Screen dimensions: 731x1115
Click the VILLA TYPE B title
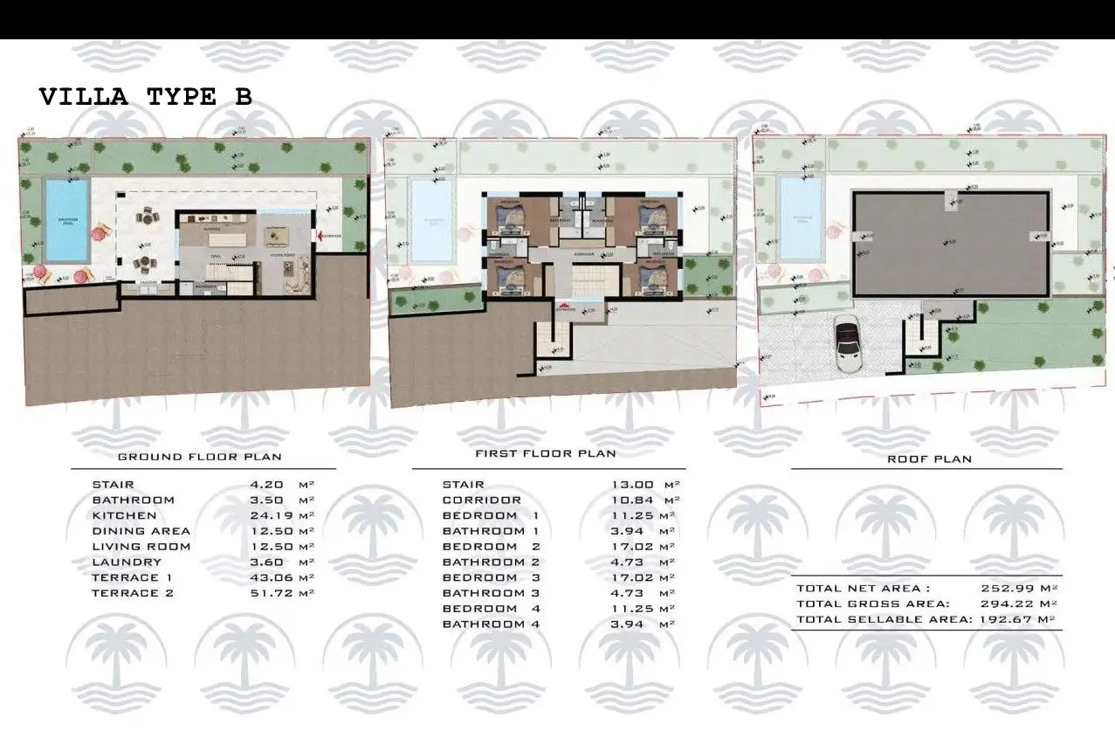pyautogui.click(x=146, y=97)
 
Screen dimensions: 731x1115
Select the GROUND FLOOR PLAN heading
pyautogui.click(x=199, y=457)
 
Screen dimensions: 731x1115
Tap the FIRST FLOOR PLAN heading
pyautogui.click(x=546, y=453)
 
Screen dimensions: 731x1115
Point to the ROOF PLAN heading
pyautogui.click(x=929, y=459)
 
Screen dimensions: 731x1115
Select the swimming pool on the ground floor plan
pyautogui.click(x=67, y=220)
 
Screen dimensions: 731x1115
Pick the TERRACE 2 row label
pyautogui.click(x=133, y=593)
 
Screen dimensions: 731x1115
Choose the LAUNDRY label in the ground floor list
pyautogui.click(x=127, y=562)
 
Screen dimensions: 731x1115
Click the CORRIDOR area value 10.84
pyautogui.click(x=632, y=500)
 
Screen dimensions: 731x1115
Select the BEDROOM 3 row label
pyautogui.click(x=492, y=577)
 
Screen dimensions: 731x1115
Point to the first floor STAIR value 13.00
pyautogui.click(x=632, y=485)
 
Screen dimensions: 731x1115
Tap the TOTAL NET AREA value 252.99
pyautogui.click(x=1008, y=589)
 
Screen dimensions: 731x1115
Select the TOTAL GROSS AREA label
pyautogui.click(x=873, y=603)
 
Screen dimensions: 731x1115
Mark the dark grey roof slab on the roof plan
pyautogui.click(x=950, y=245)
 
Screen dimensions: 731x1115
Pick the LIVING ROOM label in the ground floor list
pyautogui.click(x=141, y=547)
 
